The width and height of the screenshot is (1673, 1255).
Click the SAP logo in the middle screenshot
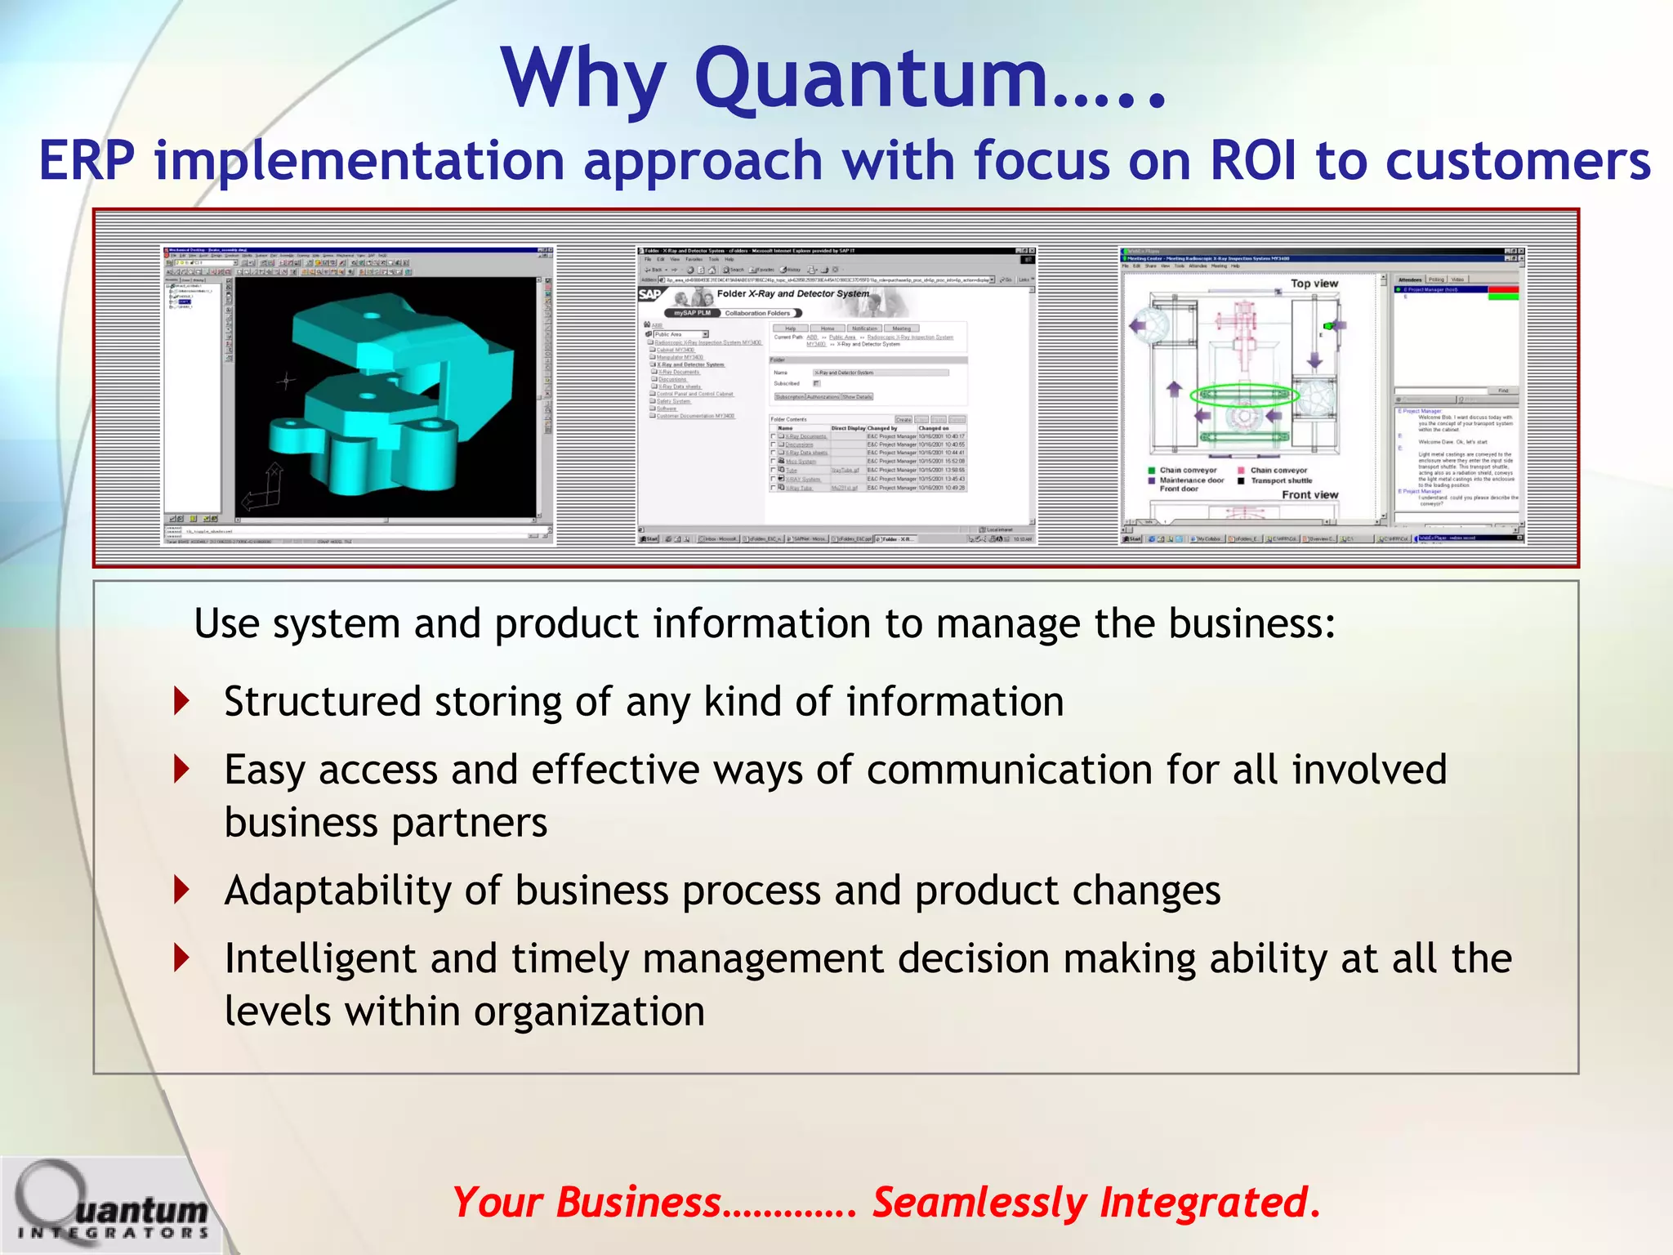point(650,295)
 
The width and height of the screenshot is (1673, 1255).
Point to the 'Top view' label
point(1314,284)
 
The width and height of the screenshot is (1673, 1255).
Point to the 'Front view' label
point(1309,494)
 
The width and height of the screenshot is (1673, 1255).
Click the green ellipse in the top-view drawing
point(1244,396)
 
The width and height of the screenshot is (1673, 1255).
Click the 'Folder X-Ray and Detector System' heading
point(792,293)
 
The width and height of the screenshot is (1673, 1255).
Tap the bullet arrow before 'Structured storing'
point(182,701)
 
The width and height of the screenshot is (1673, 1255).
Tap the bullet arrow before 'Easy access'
point(182,769)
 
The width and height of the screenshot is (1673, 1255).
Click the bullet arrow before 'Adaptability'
point(182,889)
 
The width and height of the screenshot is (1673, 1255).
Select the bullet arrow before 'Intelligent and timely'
point(182,958)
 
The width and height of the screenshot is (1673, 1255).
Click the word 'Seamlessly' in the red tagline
point(979,1203)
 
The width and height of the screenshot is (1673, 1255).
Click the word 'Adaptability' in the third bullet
point(337,891)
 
